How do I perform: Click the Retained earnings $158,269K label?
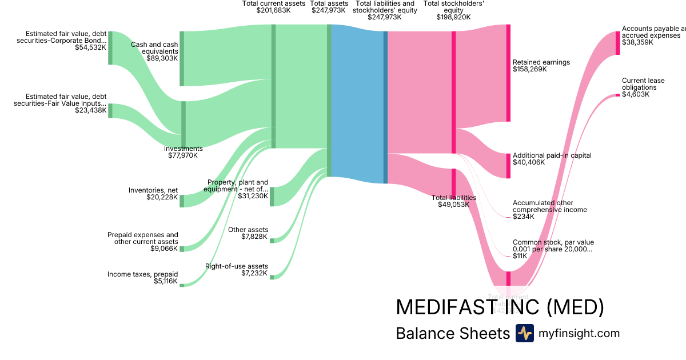[x=541, y=66]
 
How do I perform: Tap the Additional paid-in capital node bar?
[x=508, y=166]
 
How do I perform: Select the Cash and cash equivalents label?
[x=154, y=51]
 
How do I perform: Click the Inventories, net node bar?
[x=182, y=201]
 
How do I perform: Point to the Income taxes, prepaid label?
[x=142, y=278]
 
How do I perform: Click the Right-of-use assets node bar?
[x=272, y=277]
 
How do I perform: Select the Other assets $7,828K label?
[x=248, y=233]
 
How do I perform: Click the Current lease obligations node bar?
[x=617, y=95]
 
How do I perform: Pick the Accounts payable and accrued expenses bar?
[x=617, y=43]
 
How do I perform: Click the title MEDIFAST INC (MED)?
[x=500, y=307]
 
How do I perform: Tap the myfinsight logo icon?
[x=524, y=333]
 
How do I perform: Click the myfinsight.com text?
[x=579, y=334]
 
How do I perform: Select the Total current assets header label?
[x=273, y=7]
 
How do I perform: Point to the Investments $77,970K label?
[x=183, y=152]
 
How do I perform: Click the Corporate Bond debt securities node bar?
[x=110, y=48]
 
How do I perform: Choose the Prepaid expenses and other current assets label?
[x=142, y=242]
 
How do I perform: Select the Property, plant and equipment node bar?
[x=272, y=196]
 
